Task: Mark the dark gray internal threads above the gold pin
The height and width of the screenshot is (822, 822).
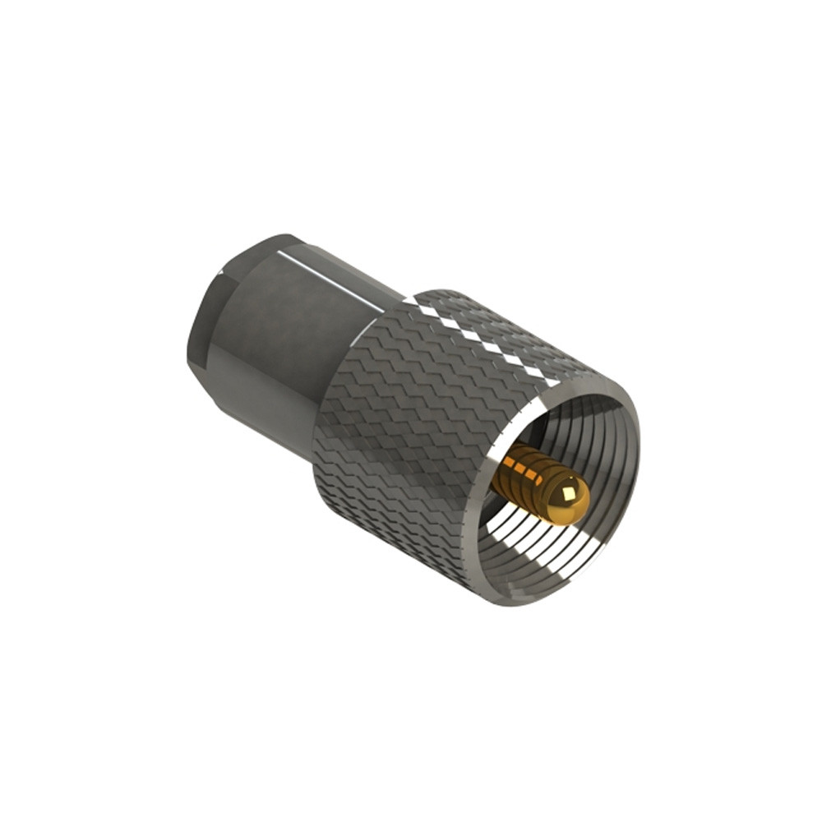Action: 575,436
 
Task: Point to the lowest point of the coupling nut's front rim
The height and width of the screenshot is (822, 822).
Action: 526,605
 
